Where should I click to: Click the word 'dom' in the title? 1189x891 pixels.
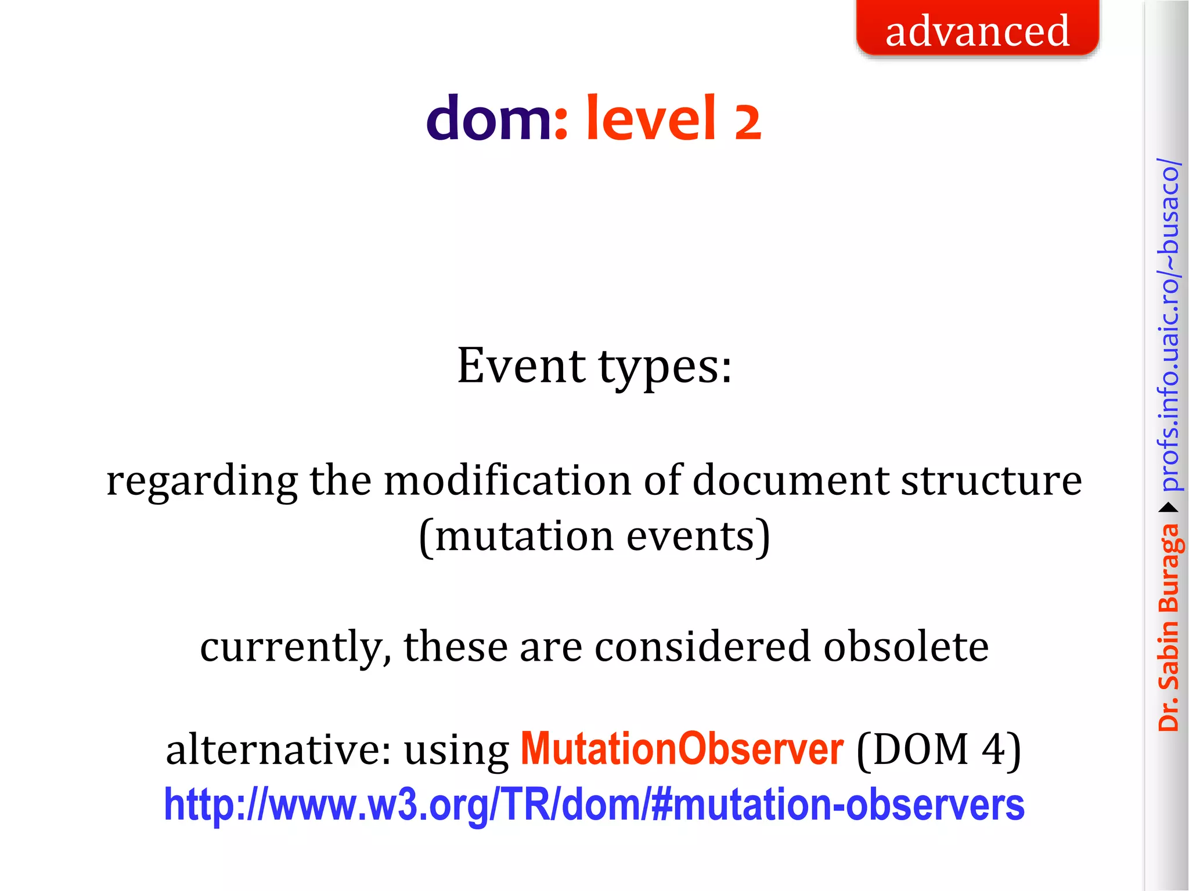click(489, 119)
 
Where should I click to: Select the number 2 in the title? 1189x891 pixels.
click(747, 122)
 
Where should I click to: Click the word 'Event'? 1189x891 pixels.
click(521, 366)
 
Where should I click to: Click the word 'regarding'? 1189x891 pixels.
click(201, 482)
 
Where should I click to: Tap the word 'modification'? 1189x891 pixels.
click(507, 481)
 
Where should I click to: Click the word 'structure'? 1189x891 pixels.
click(991, 482)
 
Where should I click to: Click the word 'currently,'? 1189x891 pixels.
click(296, 647)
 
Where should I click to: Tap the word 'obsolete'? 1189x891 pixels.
click(906, 646)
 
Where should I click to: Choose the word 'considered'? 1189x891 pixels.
click(702, 646)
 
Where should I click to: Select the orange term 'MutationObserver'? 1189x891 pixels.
click(682, 749)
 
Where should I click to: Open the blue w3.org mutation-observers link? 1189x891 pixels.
click(594, 805)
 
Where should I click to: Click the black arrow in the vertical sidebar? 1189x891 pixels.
click(1169, 508)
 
